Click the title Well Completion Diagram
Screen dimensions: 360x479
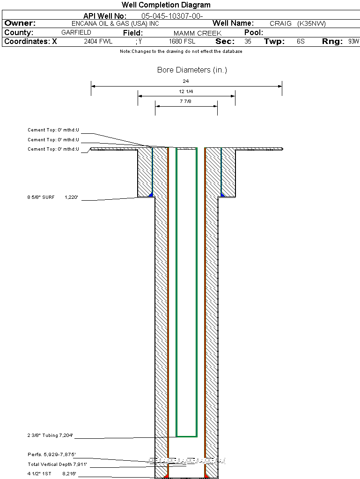tap(166, 5)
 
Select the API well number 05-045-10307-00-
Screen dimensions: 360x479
tap(172, 16)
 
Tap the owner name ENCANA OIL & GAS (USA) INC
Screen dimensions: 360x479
tap(115, 23)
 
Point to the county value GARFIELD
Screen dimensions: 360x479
tap(76, 32)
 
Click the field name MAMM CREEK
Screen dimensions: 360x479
tap(198, 33)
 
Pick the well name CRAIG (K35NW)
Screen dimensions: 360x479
tap(298, 23)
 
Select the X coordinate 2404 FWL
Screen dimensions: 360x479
tap(98, 41)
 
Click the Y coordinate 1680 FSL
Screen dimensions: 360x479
tap(182, 41)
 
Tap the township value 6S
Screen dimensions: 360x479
tap(301, 41)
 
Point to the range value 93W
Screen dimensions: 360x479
tap(353, 41)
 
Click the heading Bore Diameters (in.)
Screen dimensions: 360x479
tap(192, 70)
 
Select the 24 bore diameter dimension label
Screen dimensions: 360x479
tap(186, 81)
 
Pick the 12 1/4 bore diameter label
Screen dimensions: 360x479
tap(186, 91)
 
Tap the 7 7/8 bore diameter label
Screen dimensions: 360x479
tap(185, 101)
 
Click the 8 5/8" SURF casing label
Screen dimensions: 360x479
tap(41, 197)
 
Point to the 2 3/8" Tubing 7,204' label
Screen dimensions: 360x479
tap(50, 435)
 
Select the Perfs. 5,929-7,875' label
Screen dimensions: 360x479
tap(51, 455)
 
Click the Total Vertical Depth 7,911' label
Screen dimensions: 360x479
tap(58, 464)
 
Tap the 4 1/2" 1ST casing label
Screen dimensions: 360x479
tap(39, 474)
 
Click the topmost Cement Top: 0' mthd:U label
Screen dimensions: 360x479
tap(53, 130)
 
